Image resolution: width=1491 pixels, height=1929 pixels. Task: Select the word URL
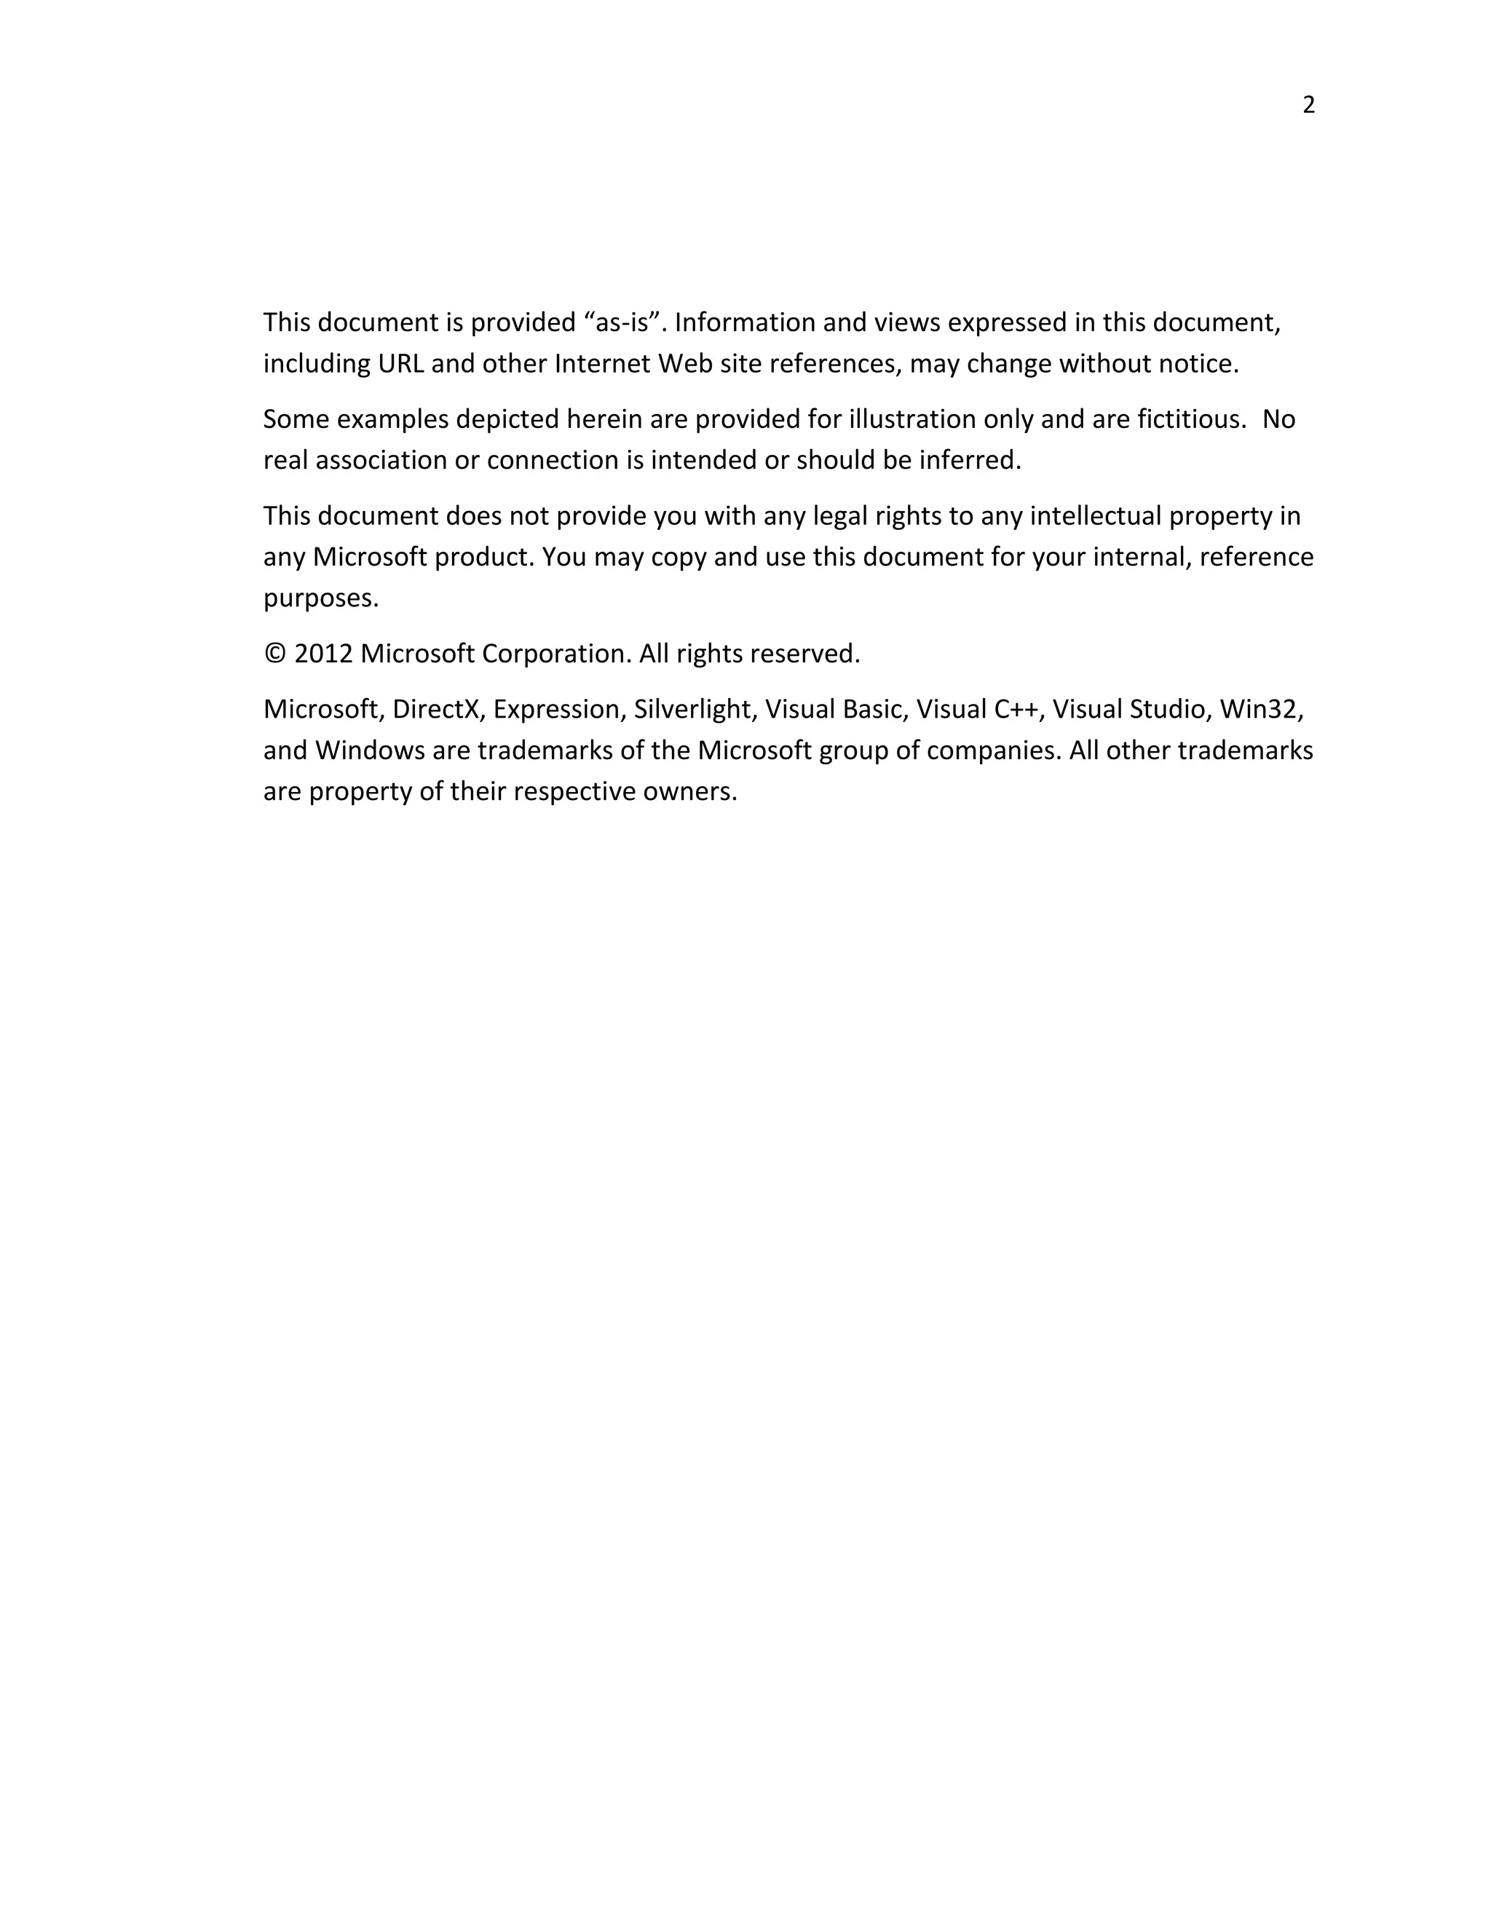click(x=401, y=364)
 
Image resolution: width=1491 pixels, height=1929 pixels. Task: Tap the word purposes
click(x=320, y=599)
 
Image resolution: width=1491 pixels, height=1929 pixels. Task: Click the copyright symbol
click(x=274, y=654)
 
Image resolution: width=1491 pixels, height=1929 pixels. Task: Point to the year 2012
click(x=323, y=654)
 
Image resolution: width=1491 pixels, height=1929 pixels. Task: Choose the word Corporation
click(x=556, y=654)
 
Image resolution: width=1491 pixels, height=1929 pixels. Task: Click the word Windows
click(x=370, y=750)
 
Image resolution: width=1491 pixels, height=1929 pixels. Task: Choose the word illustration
click(x=911, y=419)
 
